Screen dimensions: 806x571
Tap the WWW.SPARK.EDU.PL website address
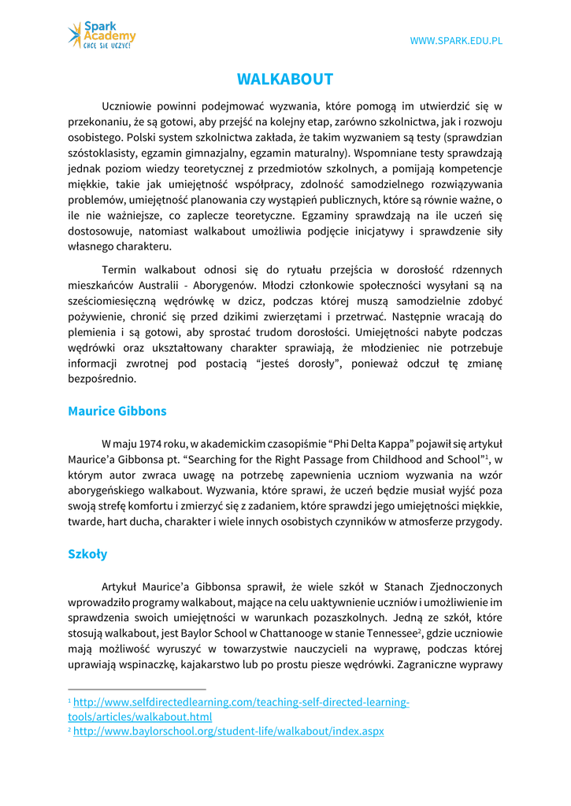click(x=456, y=41)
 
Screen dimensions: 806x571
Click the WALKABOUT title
click(x=285, y=79)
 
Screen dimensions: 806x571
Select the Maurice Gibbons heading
click(x=117, y=411)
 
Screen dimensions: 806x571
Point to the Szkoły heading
click(x=87, y=554)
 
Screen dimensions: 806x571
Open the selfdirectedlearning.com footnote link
click(x=241, y=701)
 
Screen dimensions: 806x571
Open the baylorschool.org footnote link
click(x=228, y=731)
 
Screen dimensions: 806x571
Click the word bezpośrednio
click(x=102, y=379)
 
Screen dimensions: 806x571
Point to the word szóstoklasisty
click(x=107, y=153)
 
